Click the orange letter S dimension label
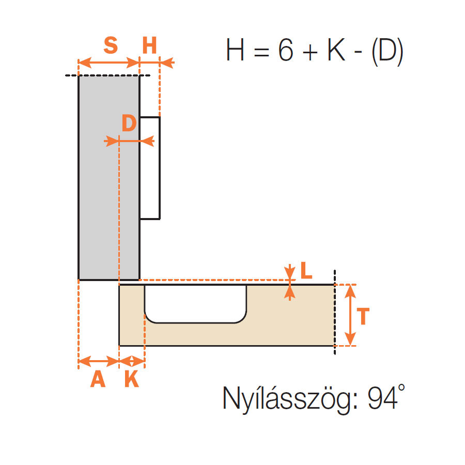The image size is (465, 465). click(x=111, y=45)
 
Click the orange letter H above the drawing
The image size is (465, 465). click(x=149, y=45)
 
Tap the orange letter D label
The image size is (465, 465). click(x=129, y=123)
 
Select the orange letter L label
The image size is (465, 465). click(x=306, y=270)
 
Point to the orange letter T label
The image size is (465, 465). click(x=363, y=316)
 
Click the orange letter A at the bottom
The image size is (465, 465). click(x=98, y=379)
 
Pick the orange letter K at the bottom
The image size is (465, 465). click(x=132, y=379)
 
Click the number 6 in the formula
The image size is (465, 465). click(x=286, y=50)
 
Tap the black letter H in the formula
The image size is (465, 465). click(x=235, y=50)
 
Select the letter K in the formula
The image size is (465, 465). click(x=336, y=50)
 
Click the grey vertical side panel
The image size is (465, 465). click(x=109, y=178)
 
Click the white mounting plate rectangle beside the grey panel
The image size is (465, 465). click(x=150, y=168)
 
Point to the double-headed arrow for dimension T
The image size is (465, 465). click(x=350, y=315)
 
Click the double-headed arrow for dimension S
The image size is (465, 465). click(x=109, y=63)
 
